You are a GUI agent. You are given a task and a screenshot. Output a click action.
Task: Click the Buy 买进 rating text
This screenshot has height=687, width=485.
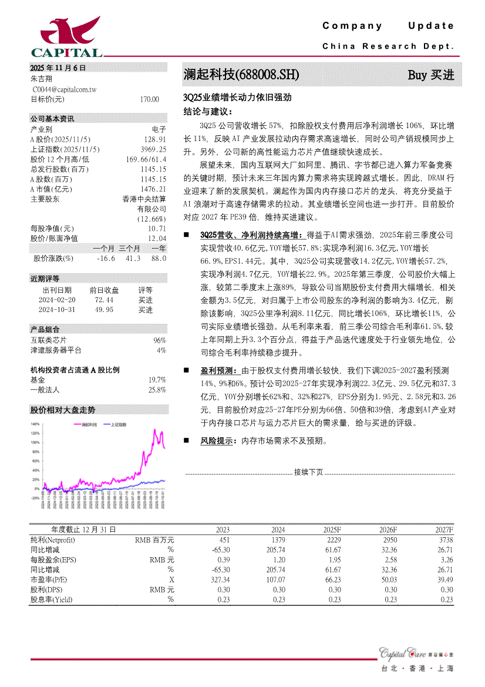pos(431,75)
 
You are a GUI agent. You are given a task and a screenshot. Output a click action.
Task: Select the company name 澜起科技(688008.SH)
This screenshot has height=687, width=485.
pos(241,75)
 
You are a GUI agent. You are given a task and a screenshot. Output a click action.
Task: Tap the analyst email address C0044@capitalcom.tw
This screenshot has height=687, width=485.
pos(65,89)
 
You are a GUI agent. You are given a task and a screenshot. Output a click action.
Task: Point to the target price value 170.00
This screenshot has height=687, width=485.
pos(150,99)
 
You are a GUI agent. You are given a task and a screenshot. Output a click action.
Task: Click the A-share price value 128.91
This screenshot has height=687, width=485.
pos(155,139)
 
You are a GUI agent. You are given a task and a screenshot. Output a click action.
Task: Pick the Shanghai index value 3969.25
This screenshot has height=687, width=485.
pos(154,149)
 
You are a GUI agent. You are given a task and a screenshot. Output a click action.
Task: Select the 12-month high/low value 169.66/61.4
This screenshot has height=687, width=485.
pos(146,159)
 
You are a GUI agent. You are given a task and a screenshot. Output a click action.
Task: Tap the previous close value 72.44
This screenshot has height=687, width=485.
pos(104,300)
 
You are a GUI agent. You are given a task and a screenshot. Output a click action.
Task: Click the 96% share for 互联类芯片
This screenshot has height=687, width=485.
pos(160,340)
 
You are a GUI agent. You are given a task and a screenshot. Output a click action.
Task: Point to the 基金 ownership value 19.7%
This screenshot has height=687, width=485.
pos(157,380)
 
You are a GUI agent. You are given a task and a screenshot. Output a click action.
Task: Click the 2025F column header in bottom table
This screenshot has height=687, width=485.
pos(332,530)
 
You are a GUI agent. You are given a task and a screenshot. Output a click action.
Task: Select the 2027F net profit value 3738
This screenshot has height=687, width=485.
pos(446,539)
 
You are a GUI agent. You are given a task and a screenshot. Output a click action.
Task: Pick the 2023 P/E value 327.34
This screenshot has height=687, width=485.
pos(219,579)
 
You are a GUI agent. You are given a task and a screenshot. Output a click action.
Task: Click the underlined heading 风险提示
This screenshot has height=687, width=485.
pos(215,441)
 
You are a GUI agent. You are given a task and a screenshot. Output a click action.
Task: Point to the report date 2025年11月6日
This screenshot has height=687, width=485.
pos(58,68)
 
